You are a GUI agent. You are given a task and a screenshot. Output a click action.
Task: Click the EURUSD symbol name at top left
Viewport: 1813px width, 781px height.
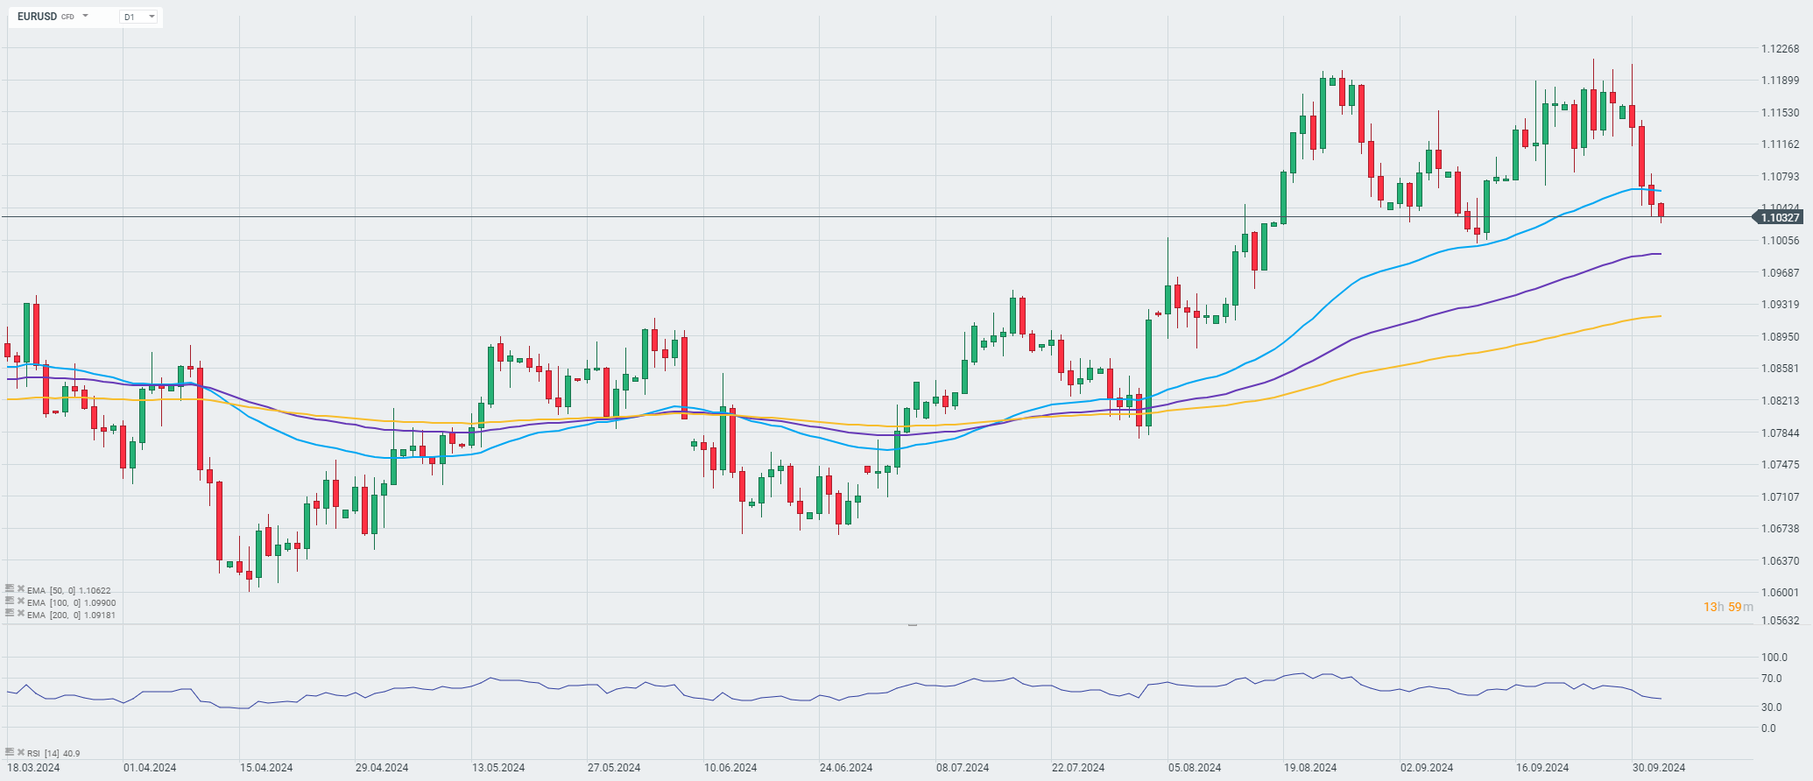[37, 17]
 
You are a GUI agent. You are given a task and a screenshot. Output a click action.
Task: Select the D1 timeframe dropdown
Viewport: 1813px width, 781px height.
[139, 17]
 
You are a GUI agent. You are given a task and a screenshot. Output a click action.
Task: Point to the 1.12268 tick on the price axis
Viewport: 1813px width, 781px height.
[1780, 49]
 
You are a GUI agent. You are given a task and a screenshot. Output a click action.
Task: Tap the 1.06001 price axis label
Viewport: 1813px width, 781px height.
[1780, 593]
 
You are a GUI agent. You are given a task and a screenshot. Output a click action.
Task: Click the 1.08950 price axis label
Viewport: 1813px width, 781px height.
[1780, 337]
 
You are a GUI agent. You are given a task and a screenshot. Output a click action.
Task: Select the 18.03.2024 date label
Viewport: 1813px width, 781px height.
[33, 768]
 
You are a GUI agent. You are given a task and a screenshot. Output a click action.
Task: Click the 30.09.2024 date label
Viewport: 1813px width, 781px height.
[1659, 768]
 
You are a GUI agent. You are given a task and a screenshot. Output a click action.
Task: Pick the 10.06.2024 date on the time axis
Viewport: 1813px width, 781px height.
[730, 768]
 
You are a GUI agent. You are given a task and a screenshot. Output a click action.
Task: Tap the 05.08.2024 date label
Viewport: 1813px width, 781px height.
[1195, 768]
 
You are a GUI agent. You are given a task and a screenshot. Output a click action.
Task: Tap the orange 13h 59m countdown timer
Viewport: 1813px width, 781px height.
[1728, 607]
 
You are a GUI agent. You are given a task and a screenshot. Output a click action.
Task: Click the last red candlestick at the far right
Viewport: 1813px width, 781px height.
[1661, 210]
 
